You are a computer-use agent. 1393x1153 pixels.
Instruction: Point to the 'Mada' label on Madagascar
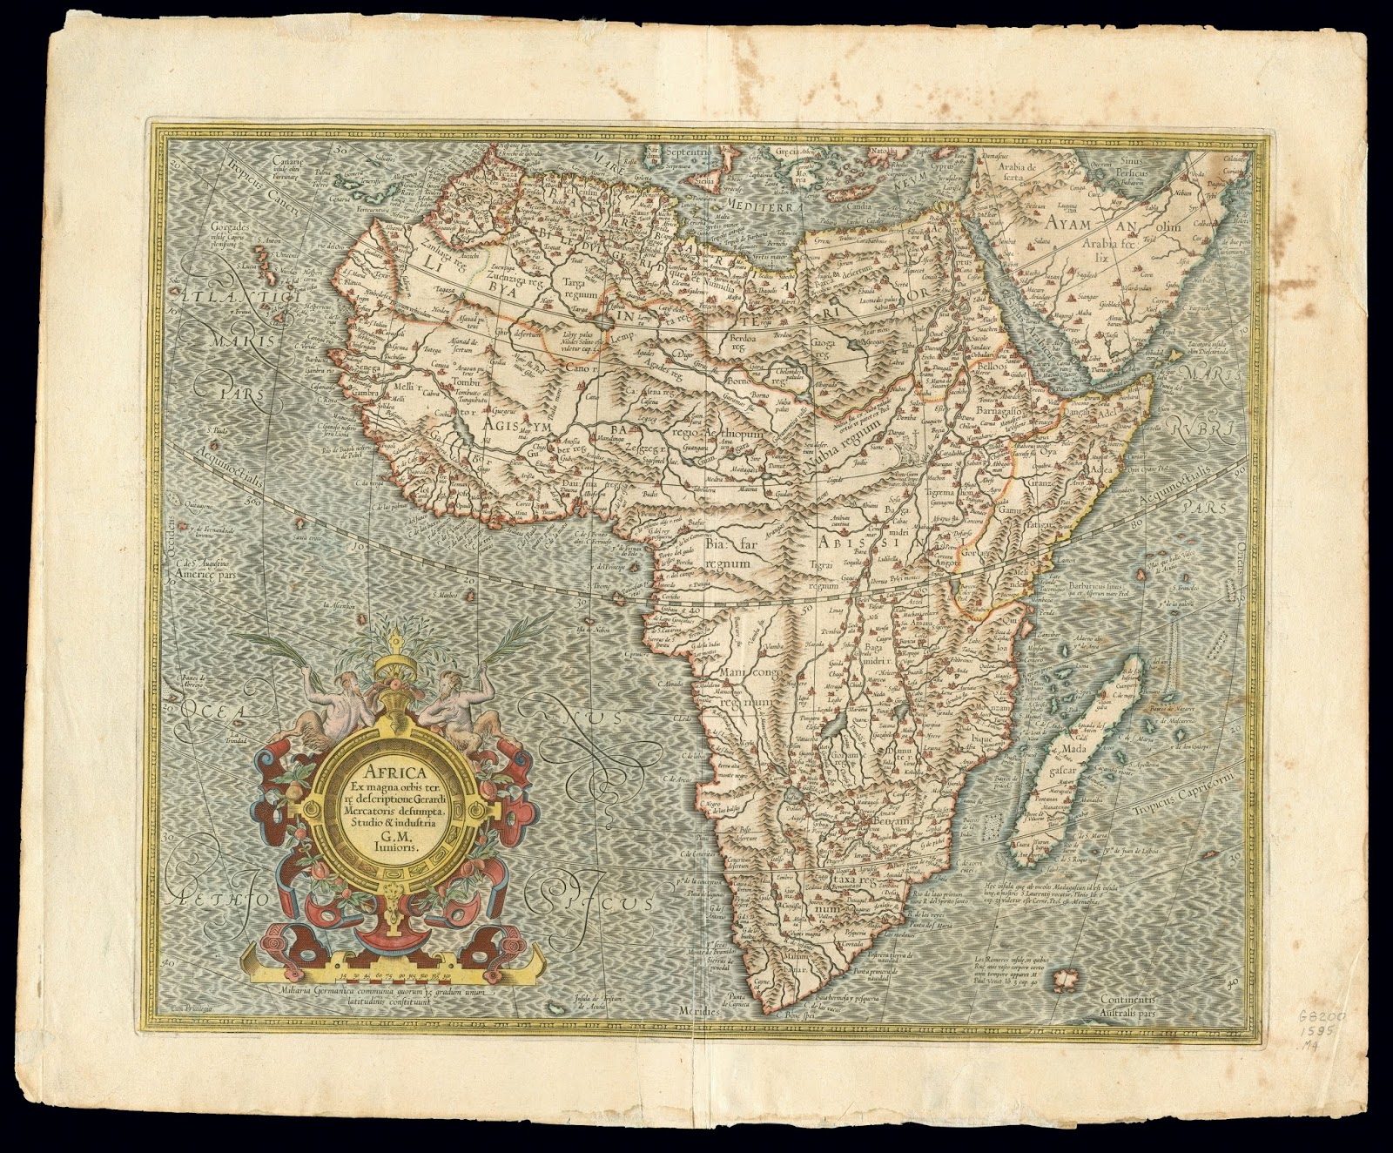(x=1073, y=748)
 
